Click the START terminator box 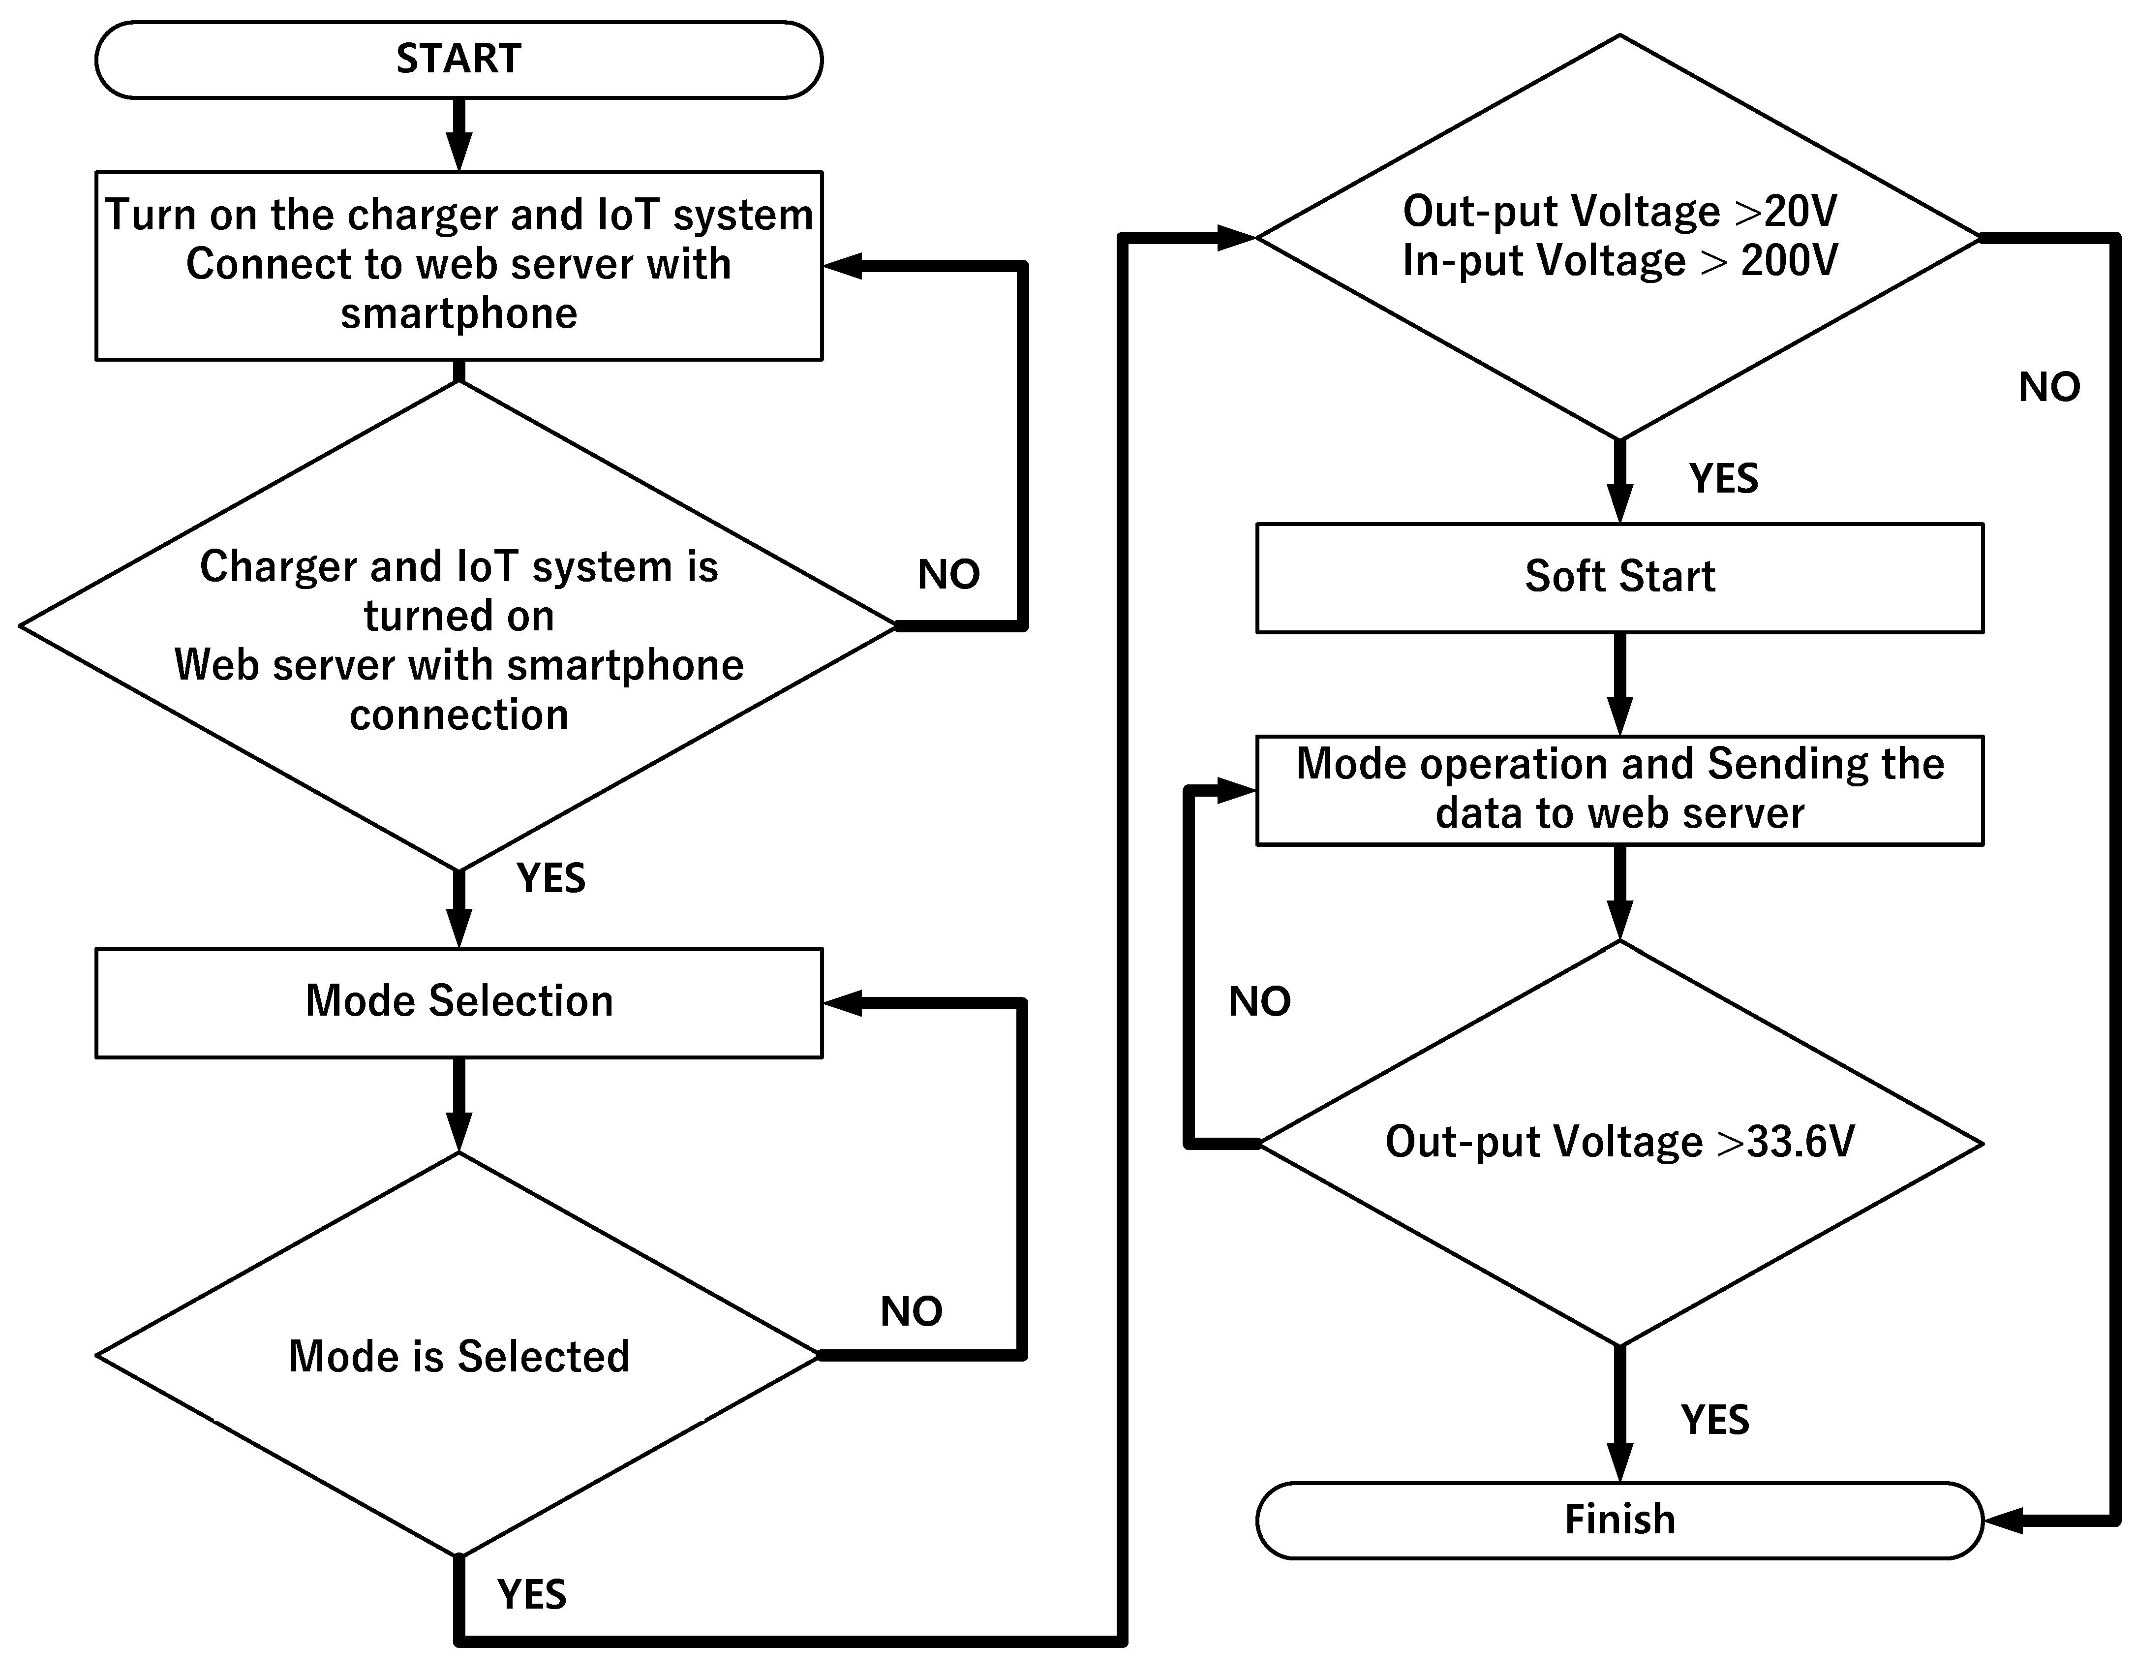(458, 60)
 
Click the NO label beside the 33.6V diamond (1259, 1001)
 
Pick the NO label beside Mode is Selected (911, 1312)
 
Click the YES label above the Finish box (1715, 1420)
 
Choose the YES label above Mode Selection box (550, 878)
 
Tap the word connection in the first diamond (458, 715)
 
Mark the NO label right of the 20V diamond (2048, 388)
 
